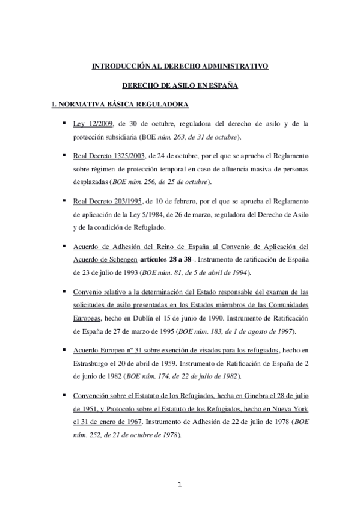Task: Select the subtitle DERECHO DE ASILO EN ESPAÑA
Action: [x=180, y=85]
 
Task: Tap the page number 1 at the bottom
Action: [x=180, y=485]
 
